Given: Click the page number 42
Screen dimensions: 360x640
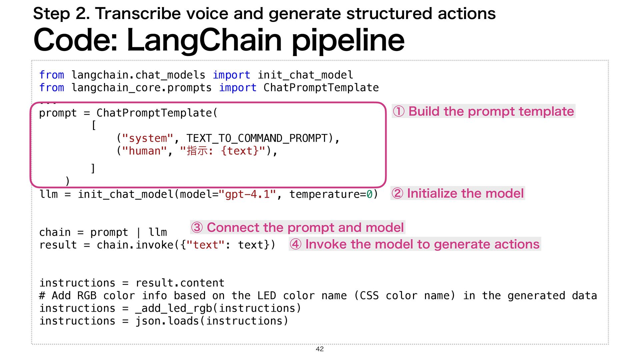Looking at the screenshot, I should tap(320, 349).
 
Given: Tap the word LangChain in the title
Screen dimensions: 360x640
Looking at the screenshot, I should tap(204, 40).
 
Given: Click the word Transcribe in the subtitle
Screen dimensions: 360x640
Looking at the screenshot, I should tap(139, 14).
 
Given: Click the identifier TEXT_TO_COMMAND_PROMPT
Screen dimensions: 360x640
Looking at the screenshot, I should tap(257, 138).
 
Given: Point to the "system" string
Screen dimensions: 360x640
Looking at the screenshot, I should tap(148, 138).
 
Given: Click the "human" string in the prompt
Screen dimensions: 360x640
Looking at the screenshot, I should tap(144, 151).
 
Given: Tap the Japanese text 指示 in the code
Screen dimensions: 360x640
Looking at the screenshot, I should tap(197, 151).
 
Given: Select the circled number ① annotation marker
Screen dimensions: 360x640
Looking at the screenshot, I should tap(399, 111).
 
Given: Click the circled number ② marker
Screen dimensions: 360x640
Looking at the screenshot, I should tap(397, 193).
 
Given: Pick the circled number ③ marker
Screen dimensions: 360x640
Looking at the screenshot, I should tap(197, 228).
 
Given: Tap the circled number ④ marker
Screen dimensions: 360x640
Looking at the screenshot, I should tap(296, 244).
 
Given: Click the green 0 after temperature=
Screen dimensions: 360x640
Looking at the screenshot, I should tap(369, 194).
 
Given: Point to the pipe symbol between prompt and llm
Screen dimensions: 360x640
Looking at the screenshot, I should tap(138, 232).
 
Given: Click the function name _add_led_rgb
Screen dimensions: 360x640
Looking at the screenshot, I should tap(173, 308).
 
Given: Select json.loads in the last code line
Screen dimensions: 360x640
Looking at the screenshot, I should tap(167, 321).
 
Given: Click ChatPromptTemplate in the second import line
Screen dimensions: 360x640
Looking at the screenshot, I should tap(321, 88).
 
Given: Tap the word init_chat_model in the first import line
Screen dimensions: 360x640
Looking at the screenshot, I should tap(305, 75).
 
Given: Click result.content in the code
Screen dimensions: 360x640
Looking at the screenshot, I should tap(180, 283).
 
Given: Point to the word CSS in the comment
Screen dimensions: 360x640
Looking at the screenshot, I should tap(369, 296).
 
